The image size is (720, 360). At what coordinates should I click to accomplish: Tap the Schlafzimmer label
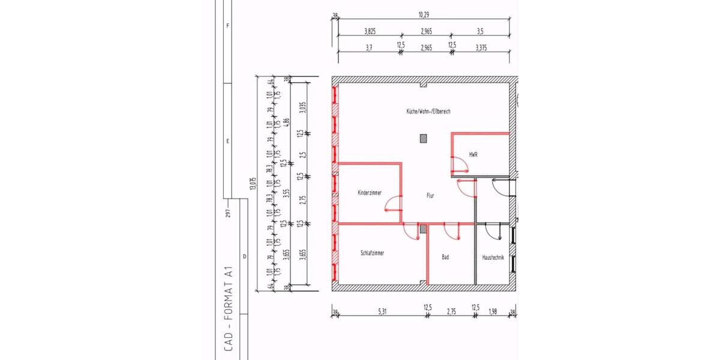pyautogui.click(x=372, y=253)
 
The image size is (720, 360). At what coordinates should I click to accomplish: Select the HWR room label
pyautogui.click(x=473, y=154)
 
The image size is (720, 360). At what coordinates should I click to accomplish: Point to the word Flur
pyautogui.click(x=430, y=196)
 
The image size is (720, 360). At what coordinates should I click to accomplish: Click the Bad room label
pyautogui.click(x=445, y=257)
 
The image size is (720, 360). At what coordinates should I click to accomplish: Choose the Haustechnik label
pyautogui.click(x=493, y=257)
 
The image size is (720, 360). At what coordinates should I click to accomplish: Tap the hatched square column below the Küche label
pyautogui.click(x=424, y=139)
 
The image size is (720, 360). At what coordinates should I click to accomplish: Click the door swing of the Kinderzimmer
pyautogui.click(x=391, y=205)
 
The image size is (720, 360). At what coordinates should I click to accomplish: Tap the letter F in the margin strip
pyautogui.click(x=227, y=27)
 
